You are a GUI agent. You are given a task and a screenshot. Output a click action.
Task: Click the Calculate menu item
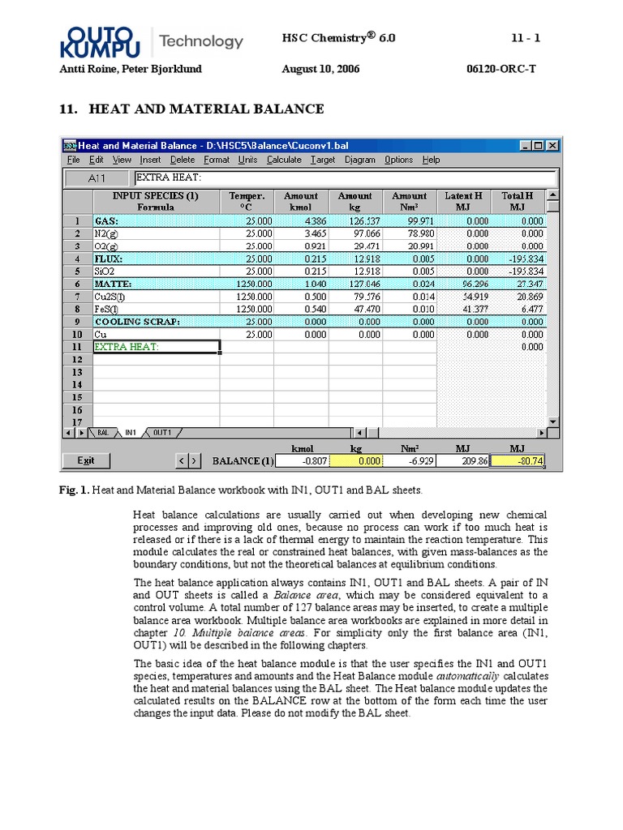coord(283,160)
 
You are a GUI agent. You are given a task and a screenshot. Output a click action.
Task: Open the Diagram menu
coord(360,160)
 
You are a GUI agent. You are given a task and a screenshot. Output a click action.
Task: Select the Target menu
coord(323,160)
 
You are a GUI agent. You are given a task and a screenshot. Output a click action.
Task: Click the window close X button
coord(552,145)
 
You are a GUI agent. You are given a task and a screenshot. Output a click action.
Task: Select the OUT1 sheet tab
coord(161,433)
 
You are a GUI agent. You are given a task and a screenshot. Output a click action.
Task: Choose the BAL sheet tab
coord(103,433)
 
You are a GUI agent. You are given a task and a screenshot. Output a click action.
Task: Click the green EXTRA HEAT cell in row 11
coord(156,347)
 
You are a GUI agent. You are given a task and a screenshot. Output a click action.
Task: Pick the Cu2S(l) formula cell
coord(156,297)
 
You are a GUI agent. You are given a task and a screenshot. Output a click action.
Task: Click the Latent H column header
coord(463,201)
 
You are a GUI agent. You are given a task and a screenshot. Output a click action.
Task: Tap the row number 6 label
coord(77,284)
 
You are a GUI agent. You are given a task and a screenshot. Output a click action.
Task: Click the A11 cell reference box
coord(97,178)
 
